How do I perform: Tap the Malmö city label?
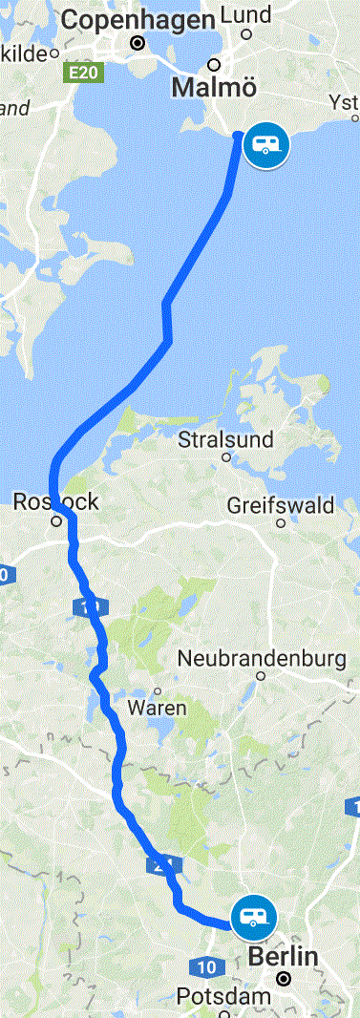[214, 88]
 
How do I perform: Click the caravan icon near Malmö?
[265, 145]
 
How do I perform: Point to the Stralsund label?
[225, 440]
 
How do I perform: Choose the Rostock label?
[55, 501]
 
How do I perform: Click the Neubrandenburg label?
[261, 659]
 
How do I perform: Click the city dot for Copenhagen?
[138, 43]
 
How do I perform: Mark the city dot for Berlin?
[284, 979]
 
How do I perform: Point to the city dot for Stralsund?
[226, 457]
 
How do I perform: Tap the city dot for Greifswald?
[281, 522]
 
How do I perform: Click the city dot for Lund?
[245, 34]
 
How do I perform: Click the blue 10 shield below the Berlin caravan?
[200, 965]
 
